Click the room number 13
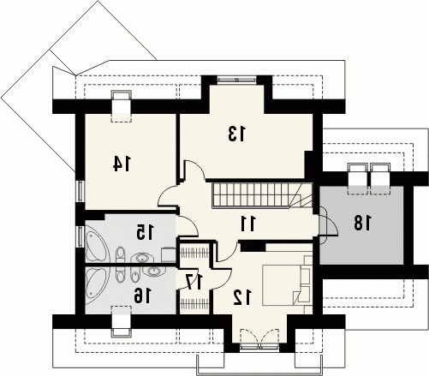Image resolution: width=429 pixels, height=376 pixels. tap(236, 134)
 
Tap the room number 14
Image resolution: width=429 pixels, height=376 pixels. tap(122, 164)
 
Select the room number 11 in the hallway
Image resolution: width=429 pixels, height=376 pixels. tap(248, 224)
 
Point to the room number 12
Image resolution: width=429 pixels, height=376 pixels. tap(242, 297)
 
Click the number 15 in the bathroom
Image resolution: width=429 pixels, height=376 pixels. tap(145, 232)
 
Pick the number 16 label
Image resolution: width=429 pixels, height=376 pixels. tap(142, 295)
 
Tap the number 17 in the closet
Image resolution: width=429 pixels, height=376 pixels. tap(194, 281)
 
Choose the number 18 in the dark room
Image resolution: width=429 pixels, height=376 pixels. tap(363, 223)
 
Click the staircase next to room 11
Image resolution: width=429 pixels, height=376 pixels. tap(262, 195)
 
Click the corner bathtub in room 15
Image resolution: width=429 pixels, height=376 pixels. tap(96, 248)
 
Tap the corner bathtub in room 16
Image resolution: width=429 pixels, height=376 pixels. tap(96, 282)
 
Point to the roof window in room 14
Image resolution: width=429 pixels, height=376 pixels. tap(122, 106)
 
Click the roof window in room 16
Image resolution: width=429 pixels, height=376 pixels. tap(122, 321)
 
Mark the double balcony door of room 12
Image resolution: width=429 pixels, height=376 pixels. tap(259, 339)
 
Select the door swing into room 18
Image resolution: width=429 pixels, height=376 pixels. tap(328, 225)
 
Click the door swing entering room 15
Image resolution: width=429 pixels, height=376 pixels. tap(187, 226)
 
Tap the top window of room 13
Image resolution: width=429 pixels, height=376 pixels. tap(236, 79)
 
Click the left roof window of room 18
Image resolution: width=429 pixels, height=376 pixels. tap(357, 179)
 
